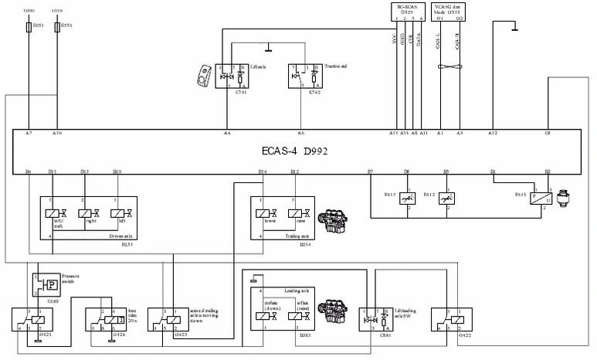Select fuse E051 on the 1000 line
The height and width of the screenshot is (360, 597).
click(29, 26)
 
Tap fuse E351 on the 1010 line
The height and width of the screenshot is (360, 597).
click(57, 26)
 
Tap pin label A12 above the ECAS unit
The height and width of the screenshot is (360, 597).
click(493, 133)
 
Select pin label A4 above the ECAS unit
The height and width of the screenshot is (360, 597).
click(227, 133)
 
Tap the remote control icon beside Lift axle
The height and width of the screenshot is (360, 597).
click(204, 75)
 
